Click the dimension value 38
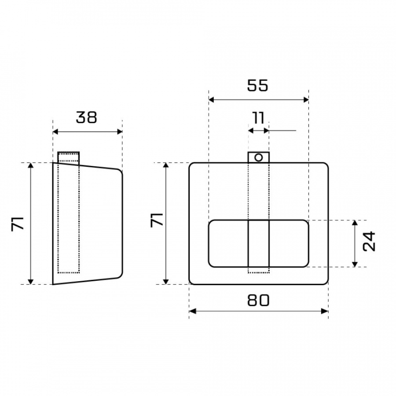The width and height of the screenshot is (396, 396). point(86,117)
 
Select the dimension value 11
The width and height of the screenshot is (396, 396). point(258,118)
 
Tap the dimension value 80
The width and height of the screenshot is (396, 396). point(258,300)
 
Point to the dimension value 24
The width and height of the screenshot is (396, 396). point(369,241)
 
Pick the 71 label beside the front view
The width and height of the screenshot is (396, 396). point(157,220)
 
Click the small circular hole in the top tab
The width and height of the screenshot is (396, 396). point(258,158)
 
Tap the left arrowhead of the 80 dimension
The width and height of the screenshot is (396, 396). point(192,311)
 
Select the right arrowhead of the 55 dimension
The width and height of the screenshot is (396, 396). point(305,100)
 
